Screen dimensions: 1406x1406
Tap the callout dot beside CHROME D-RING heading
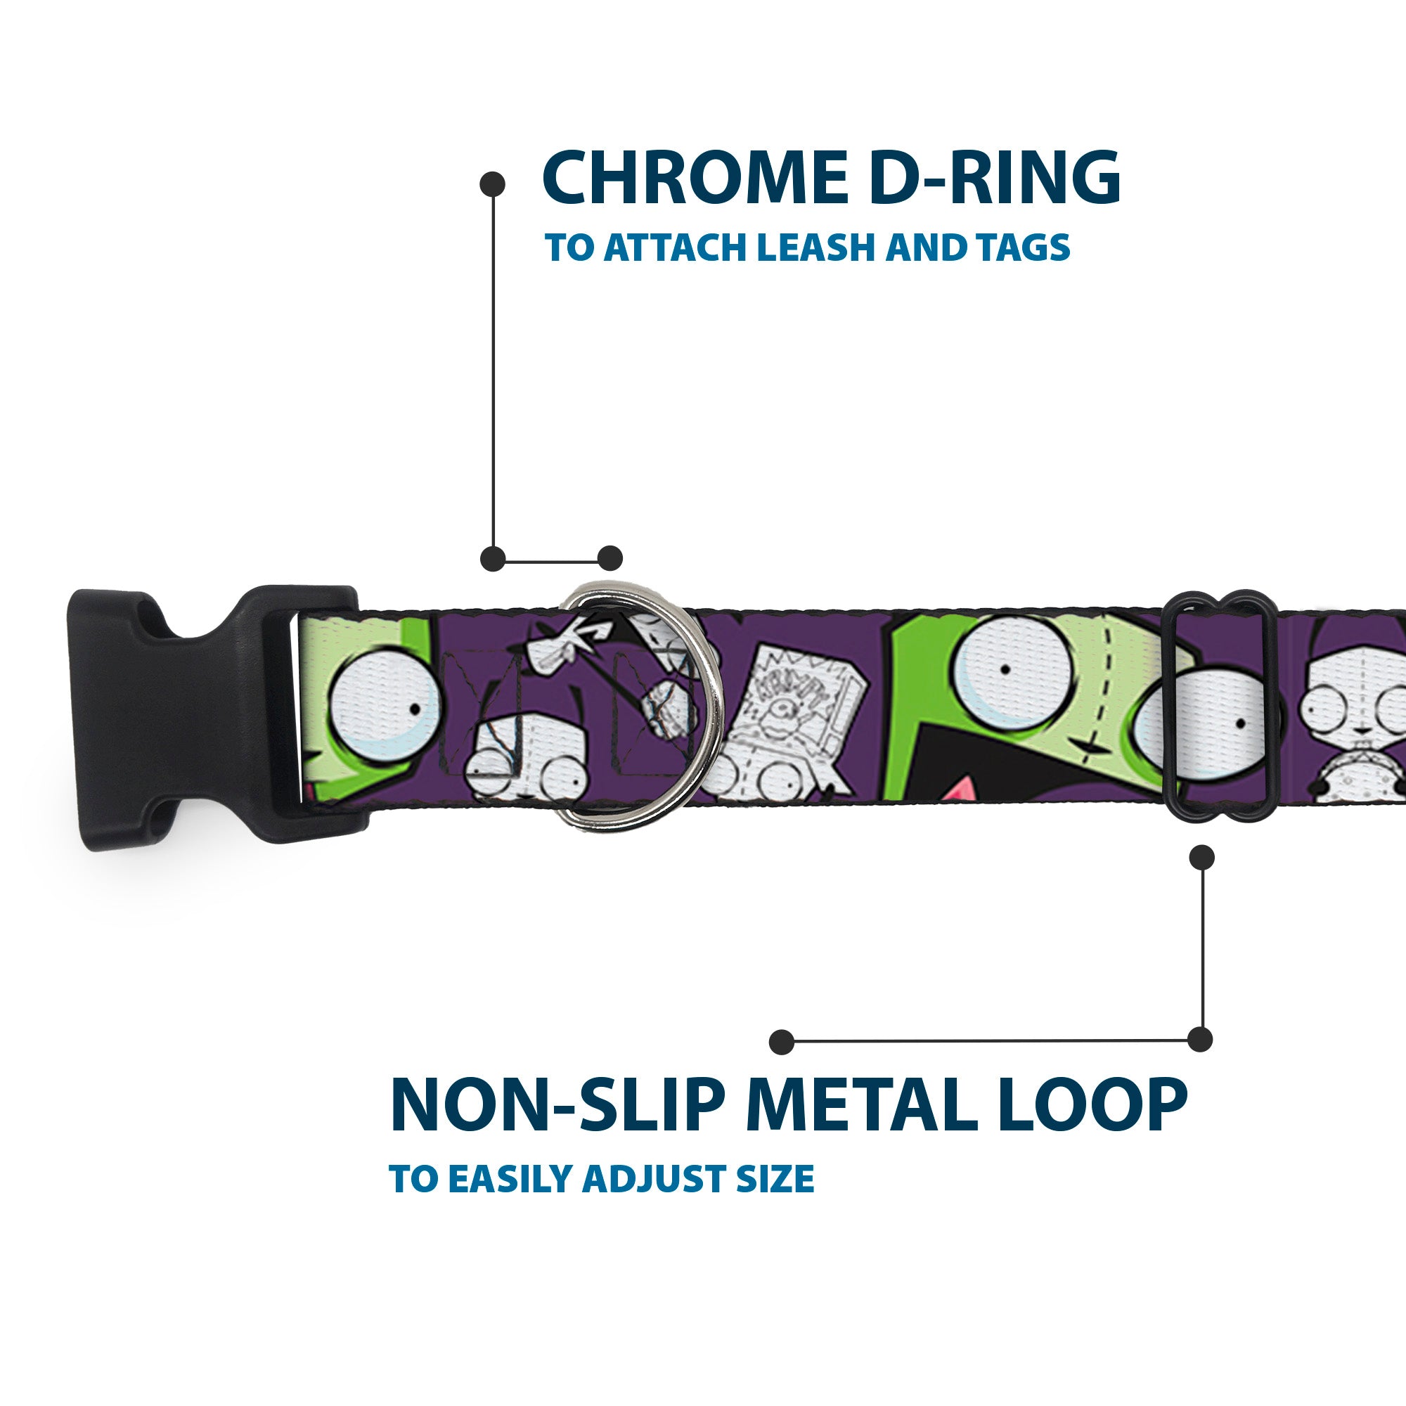coord(493,184)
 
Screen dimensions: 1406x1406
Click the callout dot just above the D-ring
coord(610,558)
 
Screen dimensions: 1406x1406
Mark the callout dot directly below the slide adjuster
coord(1201,856)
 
